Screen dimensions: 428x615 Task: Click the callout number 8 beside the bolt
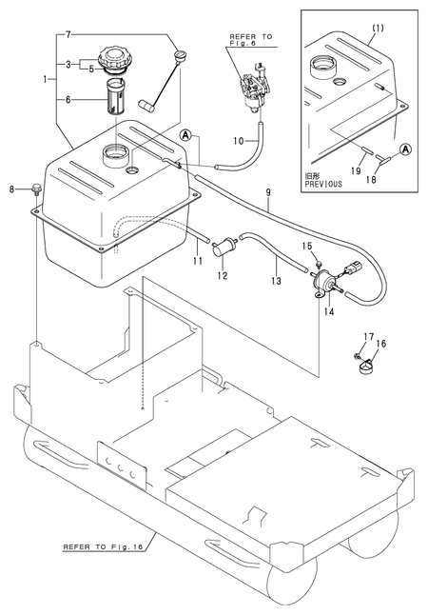coord(12,189)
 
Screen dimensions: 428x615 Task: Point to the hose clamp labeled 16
coord(366,367)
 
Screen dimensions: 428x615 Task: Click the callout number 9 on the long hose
coord(268,192)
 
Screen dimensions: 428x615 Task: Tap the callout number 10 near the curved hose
coord(239,140)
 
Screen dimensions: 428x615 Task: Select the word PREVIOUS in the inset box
coord(323,184)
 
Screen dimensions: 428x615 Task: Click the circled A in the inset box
coord(406,149)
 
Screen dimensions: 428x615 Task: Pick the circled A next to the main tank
coord(185,136)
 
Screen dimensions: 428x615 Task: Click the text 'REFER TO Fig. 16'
coord(103,546)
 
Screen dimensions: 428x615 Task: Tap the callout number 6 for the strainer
coord(68,100)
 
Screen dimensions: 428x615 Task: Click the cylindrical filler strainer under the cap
coord(116,96)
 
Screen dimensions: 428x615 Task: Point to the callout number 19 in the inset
coord(356,170)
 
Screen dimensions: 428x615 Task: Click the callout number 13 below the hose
coord(276,281)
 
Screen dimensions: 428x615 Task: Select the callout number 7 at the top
coord(68,35)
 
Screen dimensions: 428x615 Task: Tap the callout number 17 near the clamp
coord(369,336)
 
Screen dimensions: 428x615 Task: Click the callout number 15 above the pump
coord(307,246)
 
